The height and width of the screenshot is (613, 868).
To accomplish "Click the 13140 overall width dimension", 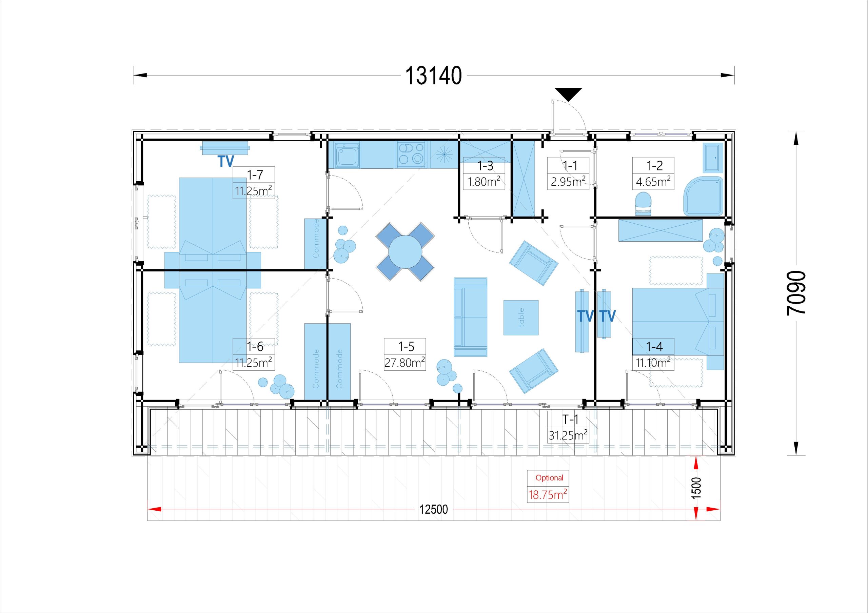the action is point(433,76).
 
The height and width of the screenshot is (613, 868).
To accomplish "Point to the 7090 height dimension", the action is point(796,293).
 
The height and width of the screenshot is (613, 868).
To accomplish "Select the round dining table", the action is point(405,252).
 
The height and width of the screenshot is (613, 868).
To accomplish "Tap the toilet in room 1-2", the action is point(643,204).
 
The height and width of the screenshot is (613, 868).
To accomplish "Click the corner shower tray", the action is point(703,196).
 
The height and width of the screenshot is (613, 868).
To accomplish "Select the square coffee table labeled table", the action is point(520,318).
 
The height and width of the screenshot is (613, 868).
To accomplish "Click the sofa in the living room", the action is point(470,317).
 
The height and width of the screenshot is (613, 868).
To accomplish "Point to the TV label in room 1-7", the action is point(226,161).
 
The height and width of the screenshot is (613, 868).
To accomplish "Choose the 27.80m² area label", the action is point(405,363).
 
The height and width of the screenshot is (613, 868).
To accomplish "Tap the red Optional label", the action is point(549,478).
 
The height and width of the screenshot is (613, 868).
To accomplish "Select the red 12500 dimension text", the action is point(433,509).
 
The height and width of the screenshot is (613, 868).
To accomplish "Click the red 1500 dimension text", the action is point(696,488).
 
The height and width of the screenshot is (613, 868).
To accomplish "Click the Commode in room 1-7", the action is point(316,244).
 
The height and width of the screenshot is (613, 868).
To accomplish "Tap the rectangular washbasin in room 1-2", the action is point(713,157).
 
